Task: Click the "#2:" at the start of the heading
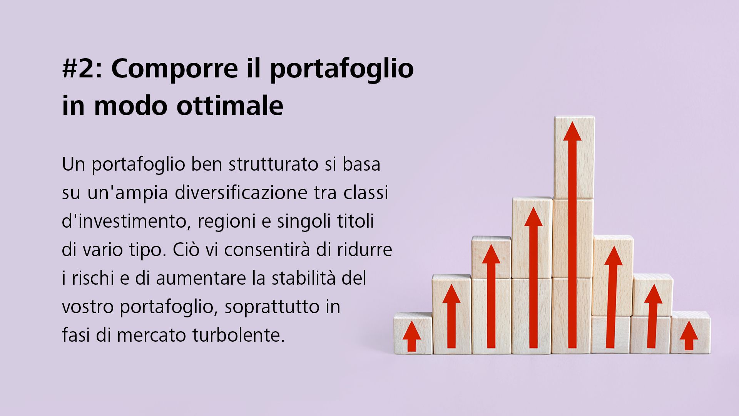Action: [82, 69]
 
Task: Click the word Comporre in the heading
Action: [174, 69]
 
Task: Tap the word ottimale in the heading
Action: [230, 106]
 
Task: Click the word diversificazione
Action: [241, 193]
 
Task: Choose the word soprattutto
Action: [272, 307]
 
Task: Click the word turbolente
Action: [239, 335]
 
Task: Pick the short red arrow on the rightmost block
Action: [689, 335]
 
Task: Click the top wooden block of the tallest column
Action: [574, 158]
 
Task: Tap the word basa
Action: [361, 164]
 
